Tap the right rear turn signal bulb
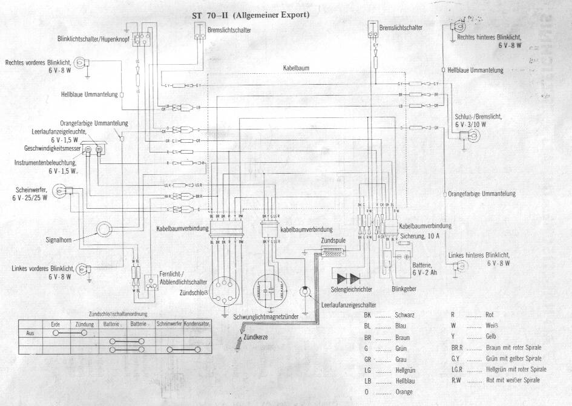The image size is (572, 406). tap(461, 27)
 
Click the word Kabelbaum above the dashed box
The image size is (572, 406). tap(296, 68)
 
